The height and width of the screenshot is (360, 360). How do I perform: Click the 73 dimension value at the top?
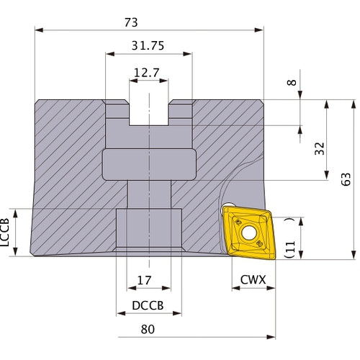(x=131, y=22)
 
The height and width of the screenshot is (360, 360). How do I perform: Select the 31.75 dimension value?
(x=148, y=45)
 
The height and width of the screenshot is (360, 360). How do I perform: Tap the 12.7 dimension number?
(x=146, y=73)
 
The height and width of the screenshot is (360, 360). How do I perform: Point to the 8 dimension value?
(x=292, y=83)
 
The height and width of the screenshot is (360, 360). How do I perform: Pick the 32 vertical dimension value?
(x=320, y=148)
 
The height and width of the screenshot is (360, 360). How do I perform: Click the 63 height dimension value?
(x=346, y=179)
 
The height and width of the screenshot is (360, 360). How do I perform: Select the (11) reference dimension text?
(x=289, y=238)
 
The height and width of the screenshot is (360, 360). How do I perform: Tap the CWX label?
(x=253, y=279)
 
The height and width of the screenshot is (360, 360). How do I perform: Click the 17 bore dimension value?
(x=144, y=280)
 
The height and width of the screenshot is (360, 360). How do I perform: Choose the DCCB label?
(x=148, y=305)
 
